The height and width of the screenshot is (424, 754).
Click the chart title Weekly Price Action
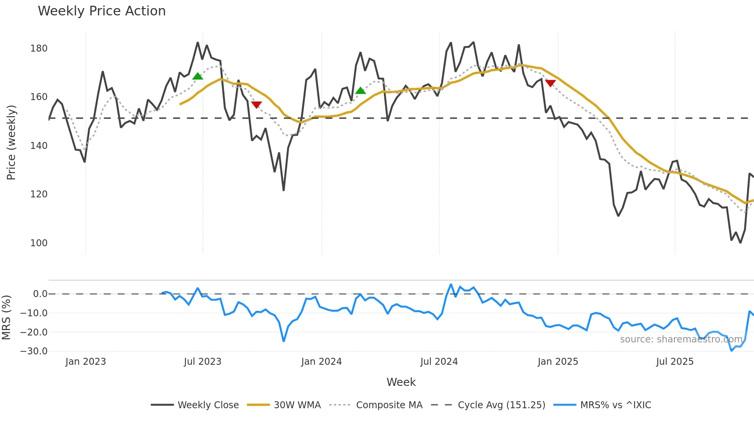coord(102,11)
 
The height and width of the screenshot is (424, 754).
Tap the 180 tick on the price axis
coord(39,48)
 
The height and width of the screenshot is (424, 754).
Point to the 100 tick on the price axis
coord(39,243)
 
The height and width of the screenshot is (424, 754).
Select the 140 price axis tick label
coord(39,146)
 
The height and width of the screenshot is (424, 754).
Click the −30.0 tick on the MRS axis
coord(34,351)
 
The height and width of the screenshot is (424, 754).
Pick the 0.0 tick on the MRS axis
coord(40,294)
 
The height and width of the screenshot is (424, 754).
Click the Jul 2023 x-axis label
coord(202,362)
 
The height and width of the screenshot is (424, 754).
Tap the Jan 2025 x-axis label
coord(558,362)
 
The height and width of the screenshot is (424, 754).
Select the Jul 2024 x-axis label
coord(439,362)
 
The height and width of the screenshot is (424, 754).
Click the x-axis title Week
coord(401,382)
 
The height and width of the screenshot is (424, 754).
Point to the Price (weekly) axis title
coord(11,142)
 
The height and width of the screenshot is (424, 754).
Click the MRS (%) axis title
coord(6,317)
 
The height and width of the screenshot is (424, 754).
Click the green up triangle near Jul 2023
coord(198,76)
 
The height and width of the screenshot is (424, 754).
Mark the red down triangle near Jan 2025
coord(550,83)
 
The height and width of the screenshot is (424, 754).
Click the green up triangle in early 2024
coord(360,91)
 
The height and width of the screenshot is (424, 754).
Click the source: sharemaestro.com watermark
coord(681,339)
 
